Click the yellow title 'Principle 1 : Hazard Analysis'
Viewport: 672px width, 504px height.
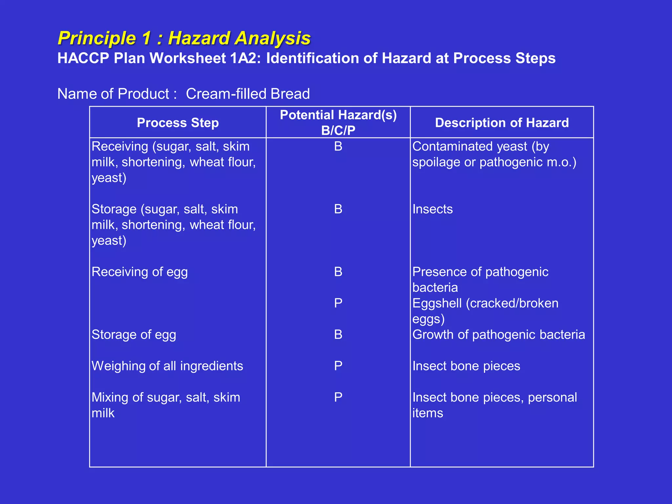pyautogui.click(x=184, y=38)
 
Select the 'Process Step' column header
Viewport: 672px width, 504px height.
pyautogui.click(x=178, y=123)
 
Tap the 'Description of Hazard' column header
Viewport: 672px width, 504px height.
pyautogui.click(x=502, y=123)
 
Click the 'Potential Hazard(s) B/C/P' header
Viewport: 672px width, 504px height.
pyautogui.click(x=338, y=122)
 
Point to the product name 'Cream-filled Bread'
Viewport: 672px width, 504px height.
pyautogui.click(x=248, y=94)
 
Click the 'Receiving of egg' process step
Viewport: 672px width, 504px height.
pyautogui.click(x=139, y=272)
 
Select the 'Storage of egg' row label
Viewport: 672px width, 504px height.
pyautogui.click(x=134, y=335)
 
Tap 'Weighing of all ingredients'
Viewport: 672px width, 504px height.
pyautogui.click(x=167, y=366)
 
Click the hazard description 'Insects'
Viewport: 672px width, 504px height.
pyautogui.click(x=432, y=209)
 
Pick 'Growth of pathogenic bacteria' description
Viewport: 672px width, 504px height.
pyautogui.click(x=498, y=335)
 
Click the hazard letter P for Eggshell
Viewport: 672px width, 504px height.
pyautogui.click(x=338, y=303)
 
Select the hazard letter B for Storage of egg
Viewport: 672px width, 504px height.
pyautogui.click(x=338, y=335)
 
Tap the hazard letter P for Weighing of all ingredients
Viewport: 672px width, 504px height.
pyautogui.click(x=338, y=366)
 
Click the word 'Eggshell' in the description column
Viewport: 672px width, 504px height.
pyautogui.click(x=437, y=304)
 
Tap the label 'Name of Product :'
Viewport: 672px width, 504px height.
pyautogui.click(x=117, y=94)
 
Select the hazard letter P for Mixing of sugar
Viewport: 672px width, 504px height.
pyautogui.click(x=338, y=397)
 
